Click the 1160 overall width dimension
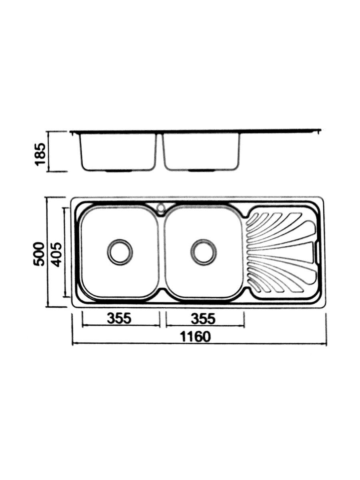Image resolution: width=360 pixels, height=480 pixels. click(195, 337)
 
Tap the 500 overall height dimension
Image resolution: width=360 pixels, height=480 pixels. click(39, 254)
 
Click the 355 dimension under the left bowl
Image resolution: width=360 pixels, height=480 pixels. click(119, 318)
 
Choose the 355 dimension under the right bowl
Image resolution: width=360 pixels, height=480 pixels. click(203, 318)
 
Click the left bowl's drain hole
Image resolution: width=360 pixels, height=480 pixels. click(120, 252)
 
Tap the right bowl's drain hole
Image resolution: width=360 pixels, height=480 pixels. click(204, 252)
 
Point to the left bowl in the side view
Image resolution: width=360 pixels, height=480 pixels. click(118, 152)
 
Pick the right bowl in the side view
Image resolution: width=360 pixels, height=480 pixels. click(201, 152)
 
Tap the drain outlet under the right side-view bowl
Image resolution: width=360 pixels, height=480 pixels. click(201, 171)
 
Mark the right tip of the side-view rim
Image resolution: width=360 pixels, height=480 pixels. click(319, 130)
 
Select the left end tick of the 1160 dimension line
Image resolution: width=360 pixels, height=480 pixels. click(72, 330)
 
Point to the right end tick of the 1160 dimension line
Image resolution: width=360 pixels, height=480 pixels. click(326, 330)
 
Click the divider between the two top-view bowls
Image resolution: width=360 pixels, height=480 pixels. click(161, 252)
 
